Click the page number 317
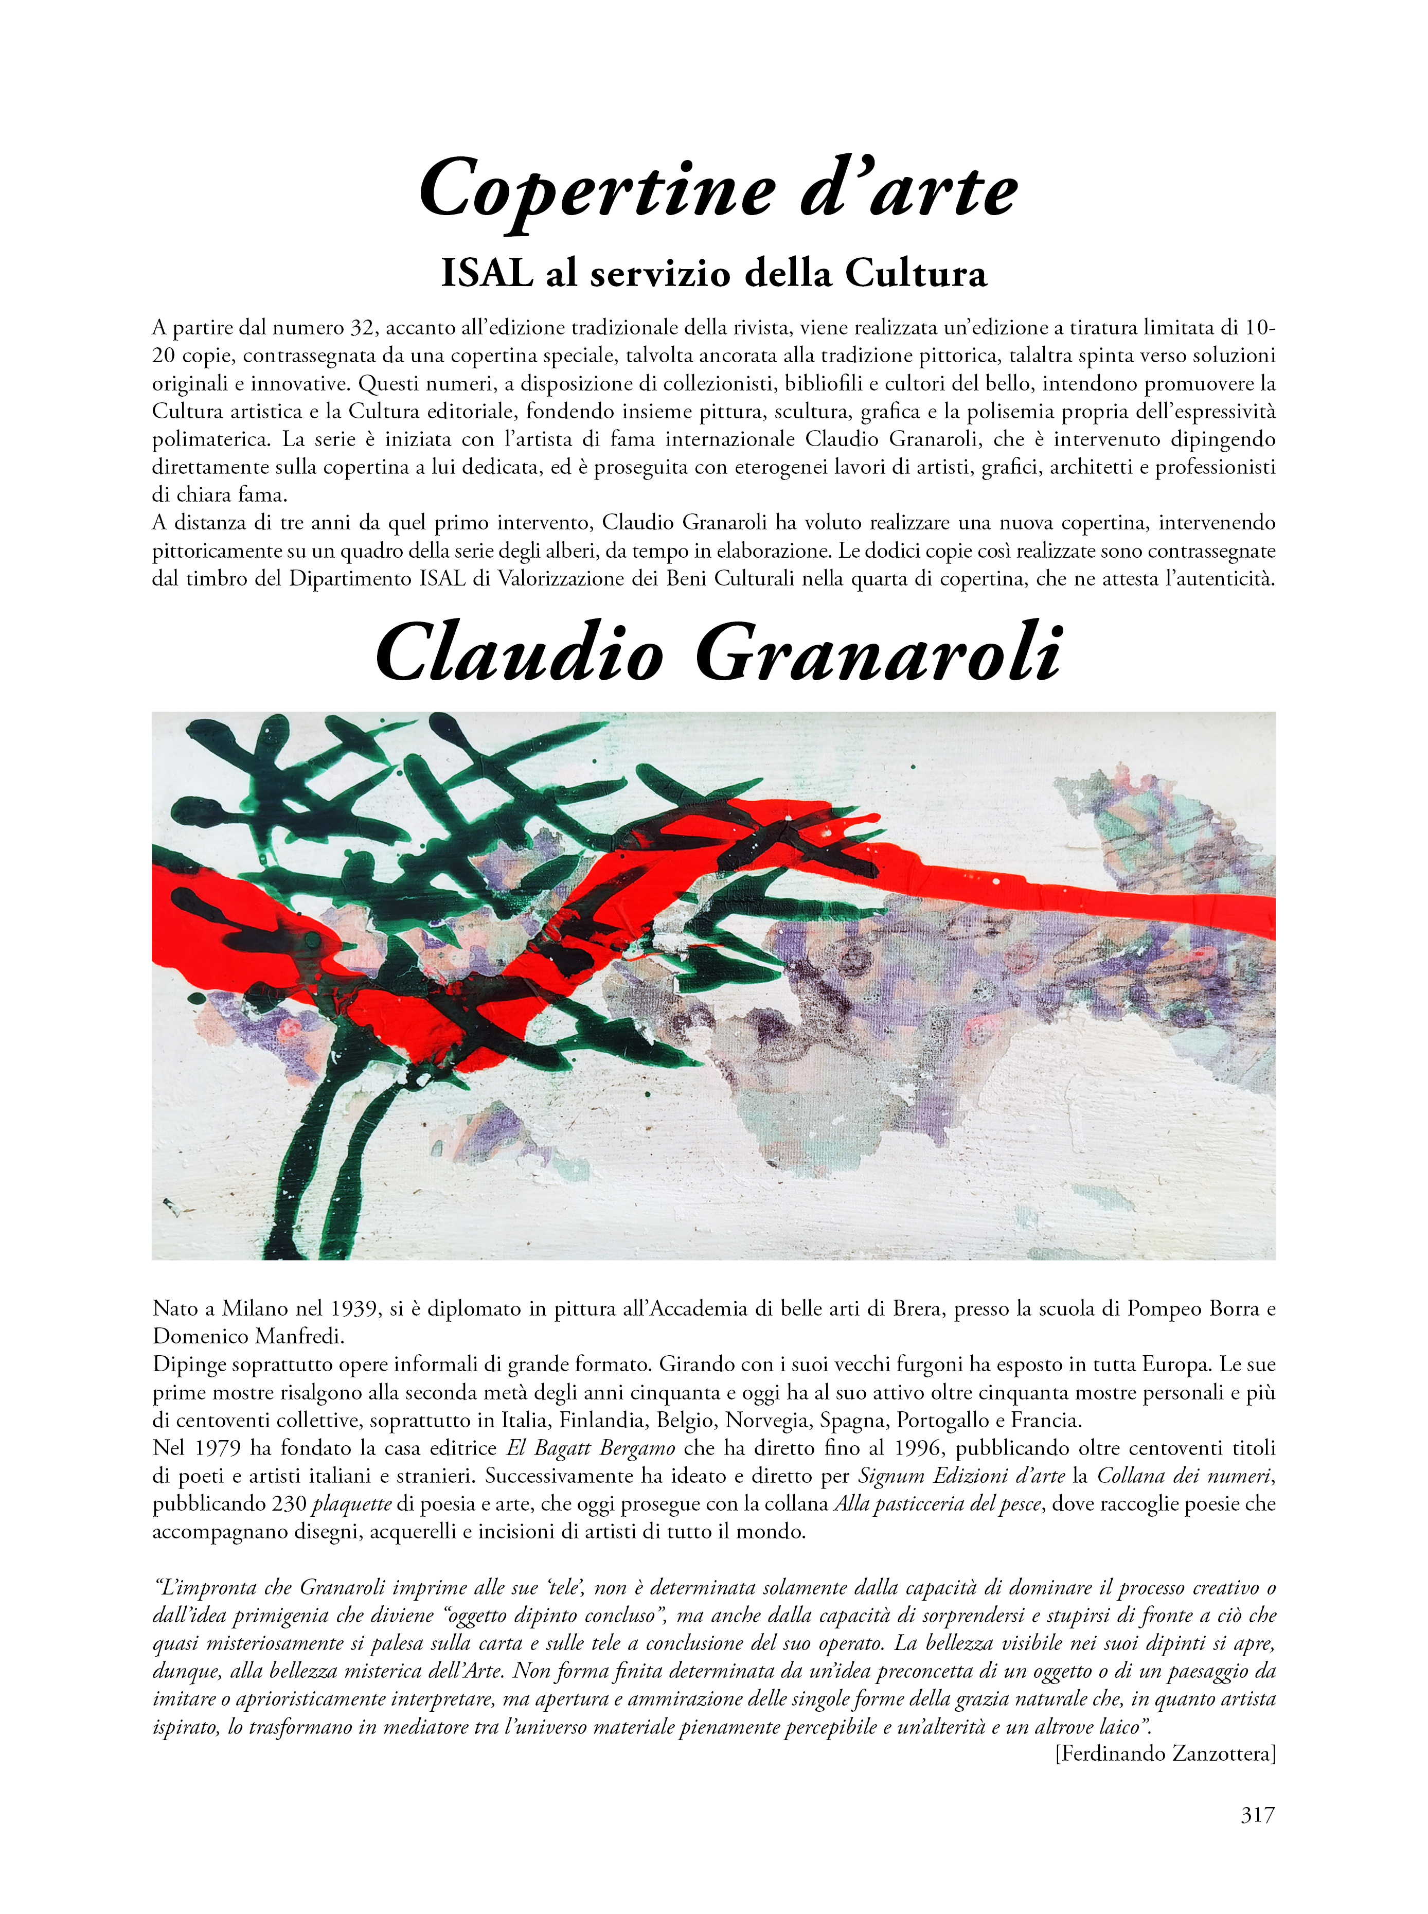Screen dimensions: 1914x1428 [x=1257, y=1815]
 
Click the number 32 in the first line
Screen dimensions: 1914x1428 [x=361, y=328]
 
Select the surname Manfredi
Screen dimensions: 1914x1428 [x=299, y=1337]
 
